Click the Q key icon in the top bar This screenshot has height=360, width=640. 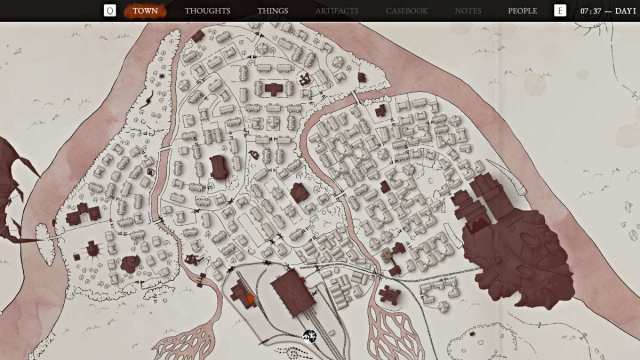[110, 11]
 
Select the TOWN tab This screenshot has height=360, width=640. [145, 11]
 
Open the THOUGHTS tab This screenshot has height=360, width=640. [207, 11]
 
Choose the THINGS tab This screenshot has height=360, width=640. [273, 11]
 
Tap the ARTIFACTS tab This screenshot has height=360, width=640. [337, 11]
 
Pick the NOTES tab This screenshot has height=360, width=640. [468, 11]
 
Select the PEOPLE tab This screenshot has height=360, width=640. [522, 11]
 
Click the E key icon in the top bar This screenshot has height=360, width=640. [560, 11]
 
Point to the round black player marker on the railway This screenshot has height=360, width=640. [310, 337]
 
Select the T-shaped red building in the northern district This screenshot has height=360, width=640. [273, 88]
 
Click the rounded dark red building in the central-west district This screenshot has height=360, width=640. [219, 167]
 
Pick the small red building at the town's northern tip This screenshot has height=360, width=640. [198, 35]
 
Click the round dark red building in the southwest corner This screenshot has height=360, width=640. [129, 264]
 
